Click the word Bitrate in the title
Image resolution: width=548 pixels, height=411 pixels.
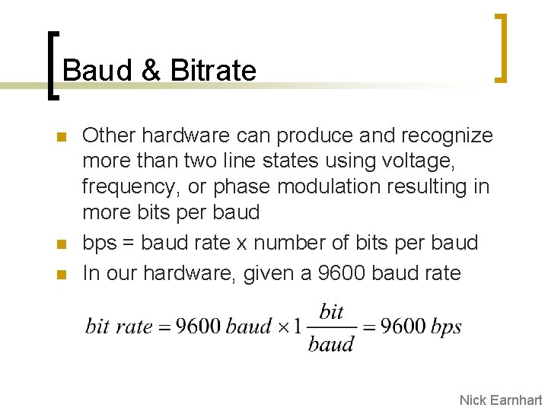click(214, 71)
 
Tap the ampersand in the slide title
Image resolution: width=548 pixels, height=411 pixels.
click(151, 71)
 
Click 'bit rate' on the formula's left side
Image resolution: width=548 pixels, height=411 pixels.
click(119, 327)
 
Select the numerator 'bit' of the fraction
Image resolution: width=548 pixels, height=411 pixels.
click(332, 311)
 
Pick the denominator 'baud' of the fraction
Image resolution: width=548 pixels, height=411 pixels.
click(331, 344)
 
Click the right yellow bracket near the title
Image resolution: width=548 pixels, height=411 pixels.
click(500, 47)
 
